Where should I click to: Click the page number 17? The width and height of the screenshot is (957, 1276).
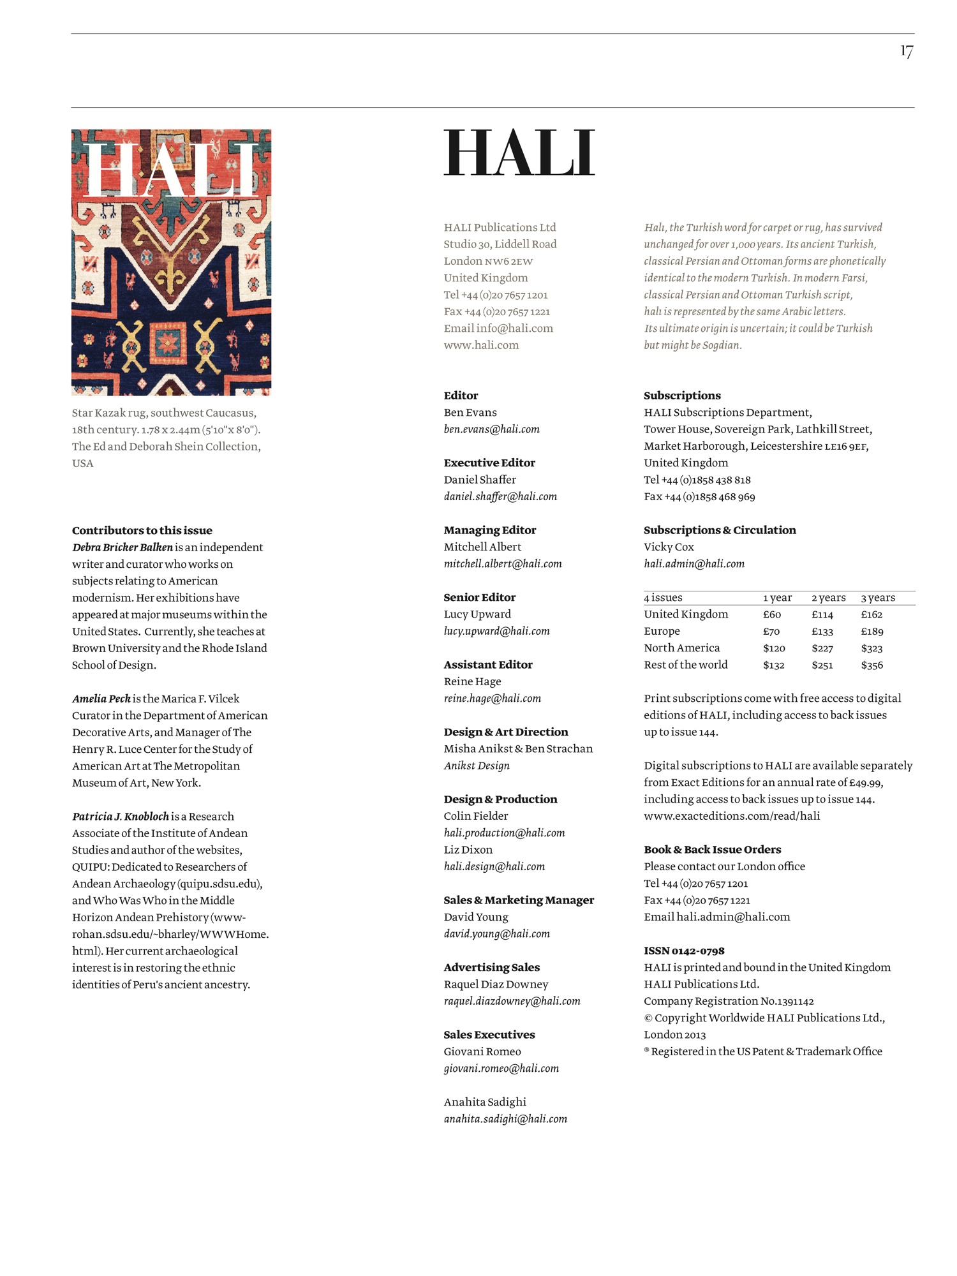(x=907, y=51)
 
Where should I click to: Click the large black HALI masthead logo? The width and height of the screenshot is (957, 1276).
(x=519, y=152)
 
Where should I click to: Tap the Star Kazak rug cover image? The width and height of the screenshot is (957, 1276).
(x=171, y=262)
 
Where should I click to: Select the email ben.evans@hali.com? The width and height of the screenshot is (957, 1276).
(x=491, y=429)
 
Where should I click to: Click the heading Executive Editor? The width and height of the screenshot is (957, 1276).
(x=489, y=463)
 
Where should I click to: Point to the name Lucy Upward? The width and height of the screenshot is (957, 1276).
(x=477, y=614)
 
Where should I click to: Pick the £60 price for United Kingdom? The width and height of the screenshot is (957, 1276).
(x=772, y=614)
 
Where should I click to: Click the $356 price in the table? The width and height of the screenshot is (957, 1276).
(x=872, y=665)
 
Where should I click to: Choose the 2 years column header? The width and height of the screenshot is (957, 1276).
(x=828, y=598)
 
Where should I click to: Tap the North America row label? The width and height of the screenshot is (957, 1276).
(x=681, y=648)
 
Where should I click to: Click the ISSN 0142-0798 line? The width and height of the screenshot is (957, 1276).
(x=684, y=951)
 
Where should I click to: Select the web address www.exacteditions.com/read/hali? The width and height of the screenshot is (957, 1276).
(x=732, y=815)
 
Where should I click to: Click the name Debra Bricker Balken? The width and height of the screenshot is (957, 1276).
(x=122, y=547)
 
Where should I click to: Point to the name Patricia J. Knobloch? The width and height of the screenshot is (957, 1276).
(x=121, y=816)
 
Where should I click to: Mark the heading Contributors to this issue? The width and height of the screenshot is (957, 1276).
(x=142, y=530)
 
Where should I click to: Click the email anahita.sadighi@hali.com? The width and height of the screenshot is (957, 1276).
(x=505, y=1118)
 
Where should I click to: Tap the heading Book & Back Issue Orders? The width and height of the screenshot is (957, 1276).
(x=712, y=849)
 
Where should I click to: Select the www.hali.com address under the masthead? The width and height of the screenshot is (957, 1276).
(x=481, y=345)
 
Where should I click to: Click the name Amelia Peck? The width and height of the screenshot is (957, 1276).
(x=101, y=699)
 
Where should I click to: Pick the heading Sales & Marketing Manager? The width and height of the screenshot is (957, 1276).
(x=519, y=900)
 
